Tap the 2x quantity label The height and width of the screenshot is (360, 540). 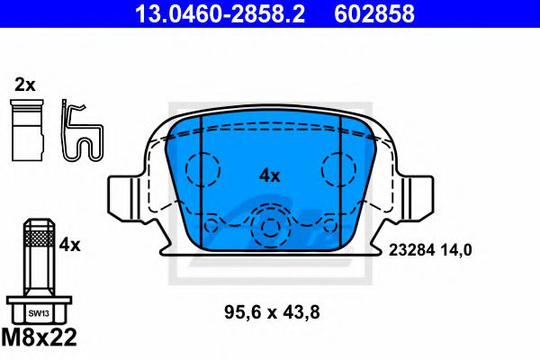coord(24,85)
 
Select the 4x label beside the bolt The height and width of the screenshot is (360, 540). coord(69,244)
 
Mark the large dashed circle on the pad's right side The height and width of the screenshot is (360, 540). coord(340,168)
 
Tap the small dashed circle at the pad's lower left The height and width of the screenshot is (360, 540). coord(212,226)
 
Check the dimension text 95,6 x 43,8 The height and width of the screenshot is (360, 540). coord(272,313)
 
